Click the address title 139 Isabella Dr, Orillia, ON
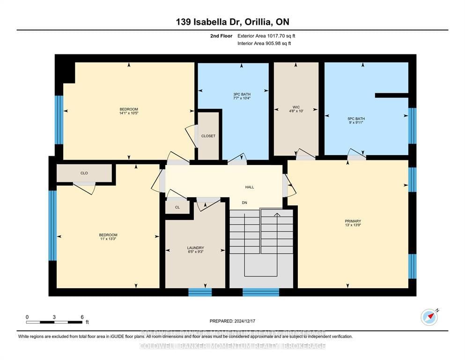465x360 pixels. [x=232, y=22]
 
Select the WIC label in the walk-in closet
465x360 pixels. [x=296, y=107]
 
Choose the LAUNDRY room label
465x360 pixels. [x=195, y=248]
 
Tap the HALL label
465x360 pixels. [x=250, y=187]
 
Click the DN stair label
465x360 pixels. [x=244, y=202]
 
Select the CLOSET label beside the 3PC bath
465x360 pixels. [x=208, y=136]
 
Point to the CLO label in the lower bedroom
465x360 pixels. [x=84, y=173]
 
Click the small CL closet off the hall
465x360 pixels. [x=177, y=207]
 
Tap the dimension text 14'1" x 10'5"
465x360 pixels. [x=128, y=113]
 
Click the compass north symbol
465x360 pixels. [x=429, y=317]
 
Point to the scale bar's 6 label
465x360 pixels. [x=82, y=317]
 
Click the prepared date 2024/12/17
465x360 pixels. [x=232, y=321]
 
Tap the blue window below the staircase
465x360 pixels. [x=261, y=292]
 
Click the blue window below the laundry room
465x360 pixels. [x=200, y=292]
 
